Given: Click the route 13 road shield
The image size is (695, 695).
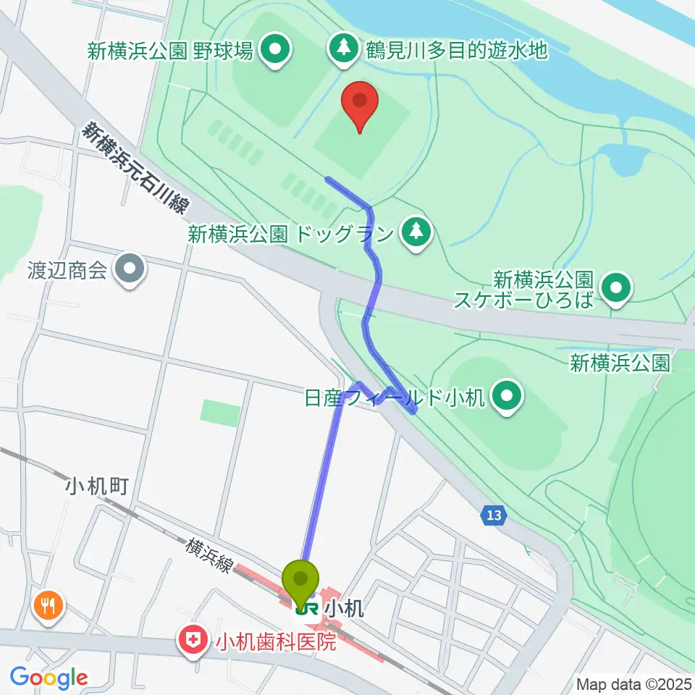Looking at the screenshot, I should point(494,516).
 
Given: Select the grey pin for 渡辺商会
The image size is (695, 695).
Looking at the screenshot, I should point(130,270).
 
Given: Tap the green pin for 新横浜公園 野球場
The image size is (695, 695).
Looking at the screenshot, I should point(275,50).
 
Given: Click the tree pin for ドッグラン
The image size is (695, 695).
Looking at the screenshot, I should point(416,232).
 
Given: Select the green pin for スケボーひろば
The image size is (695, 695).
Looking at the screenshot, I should point(616,289).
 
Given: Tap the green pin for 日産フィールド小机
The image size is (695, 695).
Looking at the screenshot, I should point(507,395).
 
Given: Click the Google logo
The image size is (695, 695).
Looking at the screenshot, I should point(49,678).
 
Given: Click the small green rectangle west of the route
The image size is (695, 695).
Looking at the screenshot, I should point(219,413).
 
